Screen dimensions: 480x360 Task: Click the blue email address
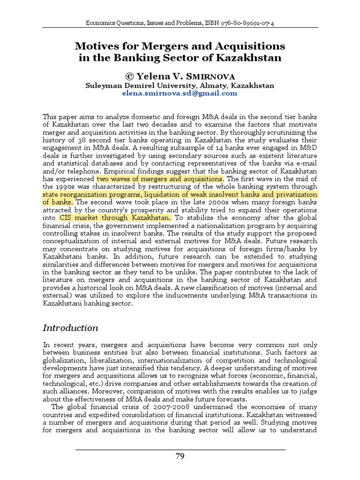180,93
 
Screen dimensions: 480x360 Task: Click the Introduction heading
70,328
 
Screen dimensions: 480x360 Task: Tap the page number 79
180,458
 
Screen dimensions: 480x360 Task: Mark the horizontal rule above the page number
180,450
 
